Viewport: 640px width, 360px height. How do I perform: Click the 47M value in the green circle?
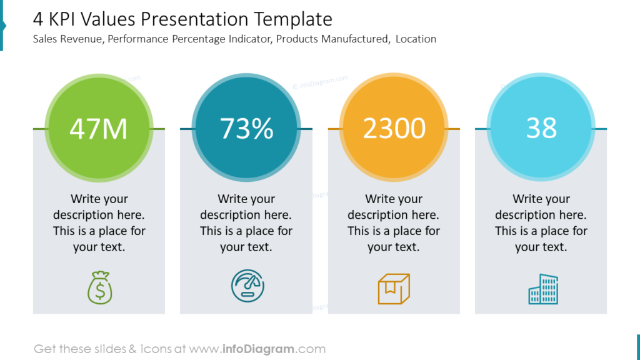click(98, 129)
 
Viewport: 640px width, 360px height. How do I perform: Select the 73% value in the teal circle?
click(246, 129)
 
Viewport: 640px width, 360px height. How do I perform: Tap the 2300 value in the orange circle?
click(394, 129)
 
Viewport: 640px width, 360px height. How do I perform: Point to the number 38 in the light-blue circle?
click(541, 128)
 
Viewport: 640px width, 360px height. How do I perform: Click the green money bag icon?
click(99, 287)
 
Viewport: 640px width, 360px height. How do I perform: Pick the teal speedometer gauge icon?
click(247, 286)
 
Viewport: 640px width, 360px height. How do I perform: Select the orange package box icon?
click(394, 289)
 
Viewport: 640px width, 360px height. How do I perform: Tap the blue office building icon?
click(543, 289)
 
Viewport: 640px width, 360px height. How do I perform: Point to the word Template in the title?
click(293, 19)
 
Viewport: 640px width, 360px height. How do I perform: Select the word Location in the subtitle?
click(416, 39)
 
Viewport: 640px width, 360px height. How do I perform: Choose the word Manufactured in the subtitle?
click(356, 39)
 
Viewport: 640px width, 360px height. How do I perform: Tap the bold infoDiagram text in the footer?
click(258, 349)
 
